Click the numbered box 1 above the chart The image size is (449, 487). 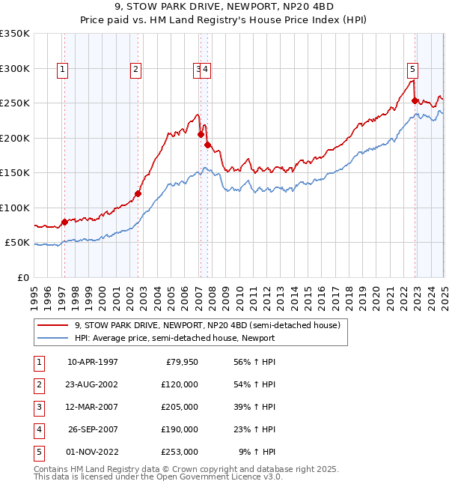click(62, 70)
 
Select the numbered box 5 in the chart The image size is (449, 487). click(412, 70)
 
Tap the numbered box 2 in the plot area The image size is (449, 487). click(135, 70)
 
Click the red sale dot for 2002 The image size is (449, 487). click(138, 194)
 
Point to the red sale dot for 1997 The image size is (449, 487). click(64, 222)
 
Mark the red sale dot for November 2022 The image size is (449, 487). click(415, 100)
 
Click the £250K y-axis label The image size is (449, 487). click(15, 103)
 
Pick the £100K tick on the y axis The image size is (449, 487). click(15, 208)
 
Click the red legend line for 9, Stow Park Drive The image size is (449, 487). click(53, 325)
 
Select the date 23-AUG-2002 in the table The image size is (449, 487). click(93, 384)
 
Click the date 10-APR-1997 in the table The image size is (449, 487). click(93, 361)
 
